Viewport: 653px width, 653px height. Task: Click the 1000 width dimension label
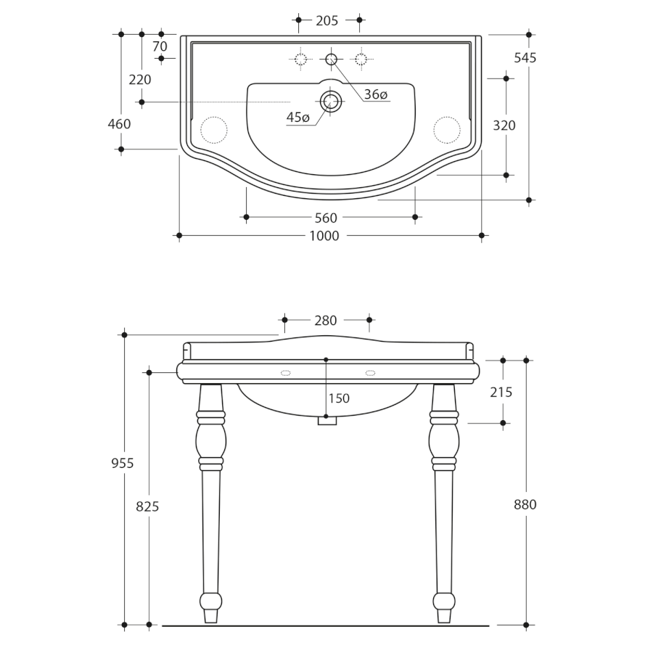tap(324, 236)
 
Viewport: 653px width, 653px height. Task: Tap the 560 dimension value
tap(326, 218)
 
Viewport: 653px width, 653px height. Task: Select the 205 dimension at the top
tap(327, 20)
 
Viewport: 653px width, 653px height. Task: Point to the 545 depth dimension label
tap(525, 58)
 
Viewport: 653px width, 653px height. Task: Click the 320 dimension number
tap(504, 126)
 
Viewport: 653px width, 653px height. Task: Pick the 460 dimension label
tap(119, 123)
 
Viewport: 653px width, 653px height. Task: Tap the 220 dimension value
tap(140, 80)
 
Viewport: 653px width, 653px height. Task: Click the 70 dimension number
tap(160, 46)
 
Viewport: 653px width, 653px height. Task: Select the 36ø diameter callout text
tap(376, 94)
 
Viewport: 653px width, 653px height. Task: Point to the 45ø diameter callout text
tap(297, 118)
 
